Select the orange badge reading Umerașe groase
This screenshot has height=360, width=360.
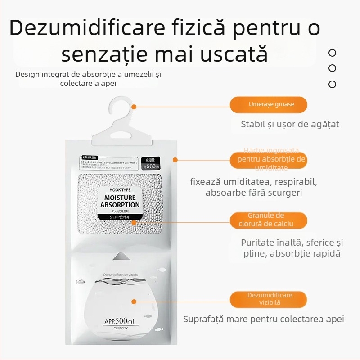tap(268, 104)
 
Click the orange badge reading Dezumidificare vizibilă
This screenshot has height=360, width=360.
tap(268, 299)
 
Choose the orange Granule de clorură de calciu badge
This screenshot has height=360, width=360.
tap(268, 220)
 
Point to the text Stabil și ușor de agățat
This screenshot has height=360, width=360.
tap(290, 124)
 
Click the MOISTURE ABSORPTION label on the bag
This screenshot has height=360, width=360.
tap(119, 201)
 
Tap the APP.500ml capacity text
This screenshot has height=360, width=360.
tap(119, 321)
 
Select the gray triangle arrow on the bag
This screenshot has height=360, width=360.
tap(120, 256)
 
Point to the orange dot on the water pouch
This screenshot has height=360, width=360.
tap(134, 301)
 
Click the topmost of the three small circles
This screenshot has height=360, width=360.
tap(332, 53)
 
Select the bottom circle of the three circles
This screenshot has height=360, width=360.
tap(332, 84)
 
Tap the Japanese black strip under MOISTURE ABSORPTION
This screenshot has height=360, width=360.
tap(119, 217)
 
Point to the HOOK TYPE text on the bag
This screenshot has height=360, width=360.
tap(119, 190)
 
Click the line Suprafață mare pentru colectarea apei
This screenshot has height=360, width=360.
tap(263, 319)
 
